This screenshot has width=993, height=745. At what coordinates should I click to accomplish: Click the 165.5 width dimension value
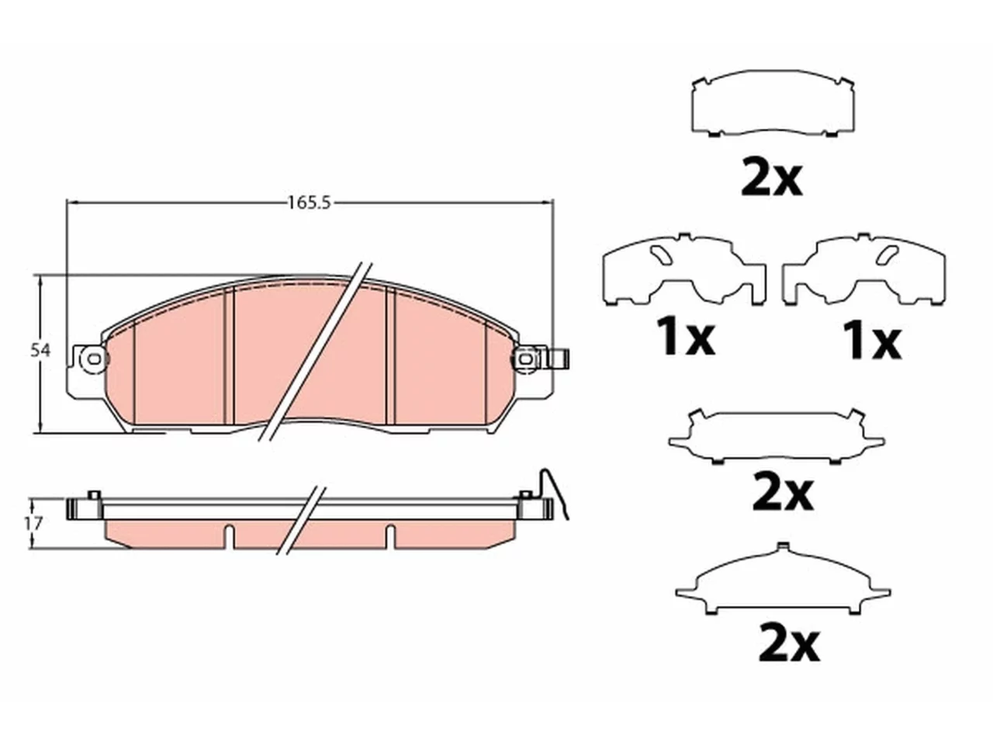[310, 203]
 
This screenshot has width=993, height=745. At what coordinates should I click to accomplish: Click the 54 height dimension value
[40, 351]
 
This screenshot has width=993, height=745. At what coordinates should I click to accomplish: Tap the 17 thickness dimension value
[33, 524]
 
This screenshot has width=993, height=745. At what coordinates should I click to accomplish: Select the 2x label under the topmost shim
[771, 178]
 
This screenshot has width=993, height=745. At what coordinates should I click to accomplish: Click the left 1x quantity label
[687, 337]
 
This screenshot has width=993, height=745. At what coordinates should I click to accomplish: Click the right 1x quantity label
[872, 341]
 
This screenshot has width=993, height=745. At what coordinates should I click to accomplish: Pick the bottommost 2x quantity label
[789, 643]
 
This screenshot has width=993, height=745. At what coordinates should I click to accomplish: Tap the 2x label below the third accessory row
[783, 493]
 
